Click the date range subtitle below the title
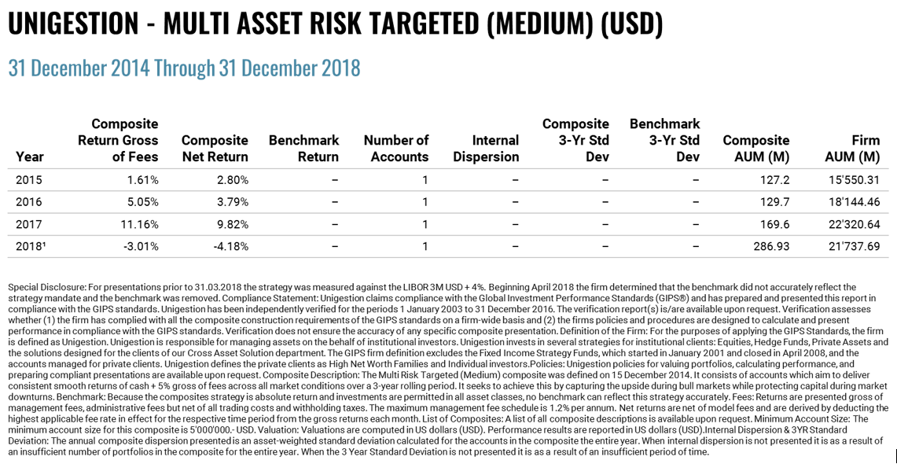(184, 68)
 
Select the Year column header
(30, 157)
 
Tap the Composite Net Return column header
(215, 148)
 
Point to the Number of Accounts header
(396, 148)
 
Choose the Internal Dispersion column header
(486, 148)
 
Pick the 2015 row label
(28, 180)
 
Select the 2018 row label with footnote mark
(31, 247)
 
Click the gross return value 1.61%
(142, 180)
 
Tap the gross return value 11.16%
(140, 224)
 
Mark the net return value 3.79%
(233, 202)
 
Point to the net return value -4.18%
(231, 247)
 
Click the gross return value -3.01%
(141, 247)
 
